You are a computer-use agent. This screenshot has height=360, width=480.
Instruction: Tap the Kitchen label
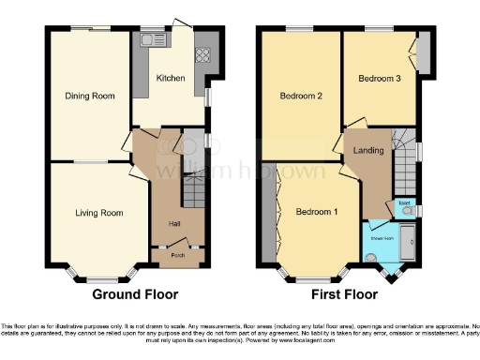(x=170, y=78)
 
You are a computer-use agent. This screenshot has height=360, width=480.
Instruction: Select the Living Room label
(x=99, y=213)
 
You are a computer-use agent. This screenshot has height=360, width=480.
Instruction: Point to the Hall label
(x=174, y=224)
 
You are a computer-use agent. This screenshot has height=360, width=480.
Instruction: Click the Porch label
(x=174, y=254)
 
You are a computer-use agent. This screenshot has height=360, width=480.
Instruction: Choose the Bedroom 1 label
(x=316, y=212)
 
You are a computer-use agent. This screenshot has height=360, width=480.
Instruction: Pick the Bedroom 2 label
(x=301, y=96)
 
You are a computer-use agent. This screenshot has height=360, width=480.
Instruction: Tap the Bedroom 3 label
(x=380, y=79)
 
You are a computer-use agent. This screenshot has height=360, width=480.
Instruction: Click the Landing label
(x=368, y=150)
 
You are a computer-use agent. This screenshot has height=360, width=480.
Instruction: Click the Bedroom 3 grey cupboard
(x=424, y=52)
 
